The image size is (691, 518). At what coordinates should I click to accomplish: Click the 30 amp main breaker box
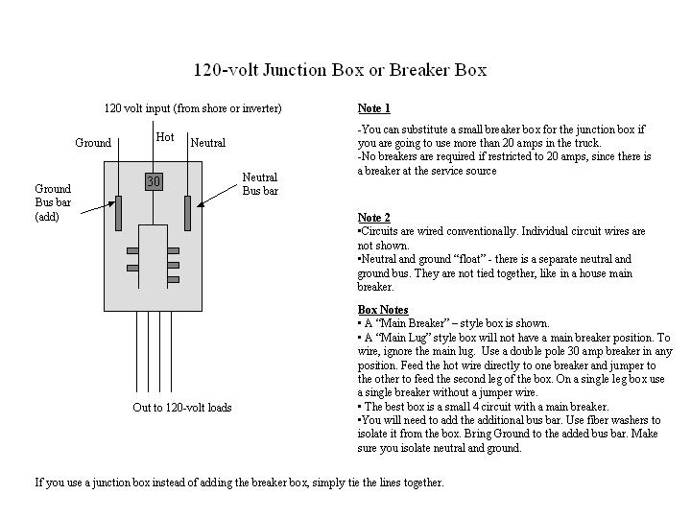tap(154, 181)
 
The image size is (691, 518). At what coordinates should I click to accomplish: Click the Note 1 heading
tap(373, 108)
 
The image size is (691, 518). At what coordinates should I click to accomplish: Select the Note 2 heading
tap(373, 218)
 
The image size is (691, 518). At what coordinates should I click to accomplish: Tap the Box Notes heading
tap(383, 310)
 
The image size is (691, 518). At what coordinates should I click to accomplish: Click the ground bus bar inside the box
tap(118, 213)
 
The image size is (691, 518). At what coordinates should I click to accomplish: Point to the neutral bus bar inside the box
tap(188, 213)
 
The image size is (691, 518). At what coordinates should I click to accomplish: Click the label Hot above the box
tap(165, 137)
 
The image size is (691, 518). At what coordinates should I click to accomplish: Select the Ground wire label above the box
tap(93, 143)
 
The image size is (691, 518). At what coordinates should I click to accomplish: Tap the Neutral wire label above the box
tap(208, 143)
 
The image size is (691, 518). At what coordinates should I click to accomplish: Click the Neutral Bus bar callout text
tap(260, 184)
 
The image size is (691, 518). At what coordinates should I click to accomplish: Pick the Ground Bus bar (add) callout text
tap(53, 202)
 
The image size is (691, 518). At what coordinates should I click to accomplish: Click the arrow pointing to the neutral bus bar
tap(217, 196)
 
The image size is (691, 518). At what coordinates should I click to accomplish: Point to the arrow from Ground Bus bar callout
tap(98, 208)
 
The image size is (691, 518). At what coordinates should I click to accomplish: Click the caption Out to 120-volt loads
tap(182, 408)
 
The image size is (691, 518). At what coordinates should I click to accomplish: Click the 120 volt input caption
tap(193, 108)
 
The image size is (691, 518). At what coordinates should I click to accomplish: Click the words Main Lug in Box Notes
tap(403, 338)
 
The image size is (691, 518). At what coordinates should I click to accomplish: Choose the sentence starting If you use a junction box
tap(239, 483)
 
